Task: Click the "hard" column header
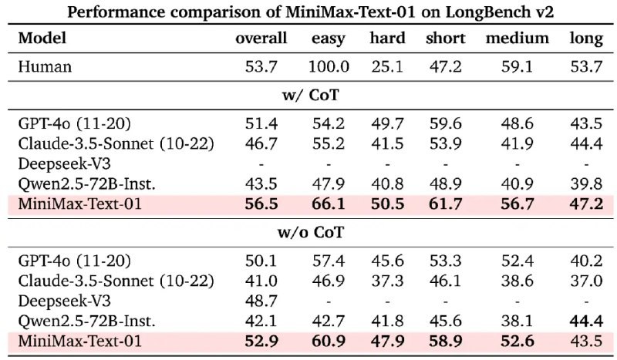click(x=387, y=38)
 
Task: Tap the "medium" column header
click(x=517, y=38)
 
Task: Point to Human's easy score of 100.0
click(x=329, y=66)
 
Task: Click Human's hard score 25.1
click(x=387, y=66)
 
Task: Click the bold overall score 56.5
click(x=261, y=204)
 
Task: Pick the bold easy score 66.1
click(x=329, y=204)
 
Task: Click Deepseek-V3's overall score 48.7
click(x=261, y=298)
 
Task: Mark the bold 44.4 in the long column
click(x=586, y=317)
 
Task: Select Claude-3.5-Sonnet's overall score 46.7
click(x=261, y=144)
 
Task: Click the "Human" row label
click(x=45, y=66)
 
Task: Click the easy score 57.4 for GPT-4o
click(x=329, y=260)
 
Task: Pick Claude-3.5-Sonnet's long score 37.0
click(x=586, y=279)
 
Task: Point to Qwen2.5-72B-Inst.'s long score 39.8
click(x=586, y=183)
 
